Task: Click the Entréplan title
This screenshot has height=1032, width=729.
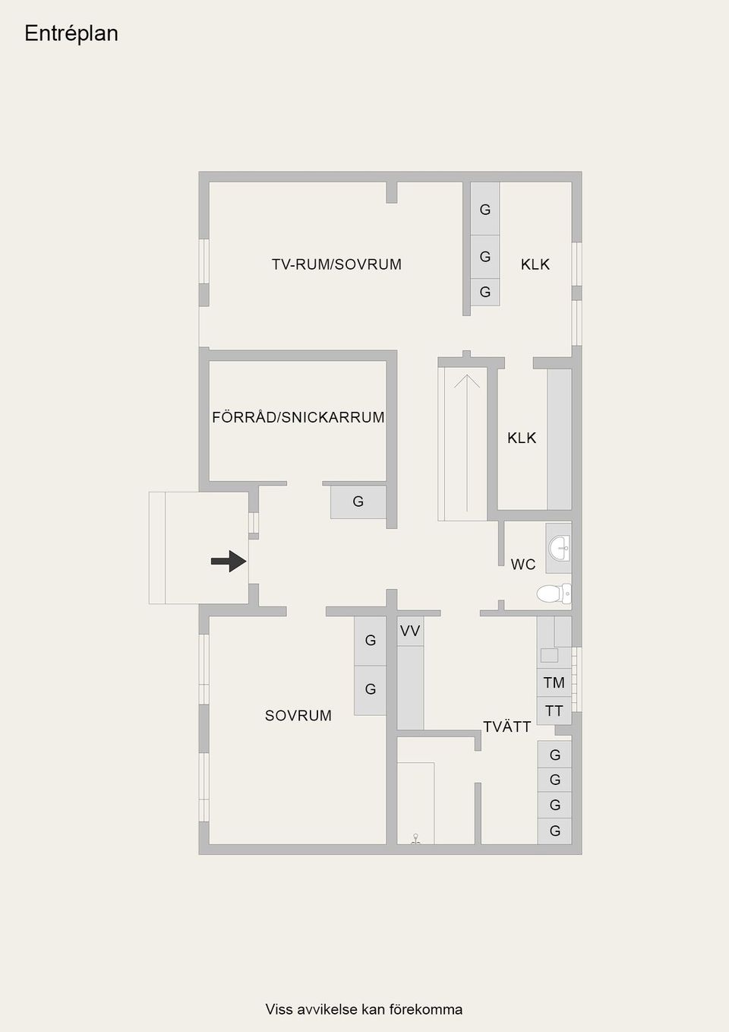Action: (x=71, y=33)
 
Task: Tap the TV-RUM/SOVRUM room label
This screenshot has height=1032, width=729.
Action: (x=336, y=264)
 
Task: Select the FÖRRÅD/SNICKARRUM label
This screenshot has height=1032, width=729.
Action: (x=298, y=417)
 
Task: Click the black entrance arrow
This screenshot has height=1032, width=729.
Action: (x=229, y=562)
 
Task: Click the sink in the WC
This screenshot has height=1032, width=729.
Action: (x=560, y=546)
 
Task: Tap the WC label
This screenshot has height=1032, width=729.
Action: (x=523, y=565)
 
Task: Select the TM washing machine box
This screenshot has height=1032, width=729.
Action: (x=554, y=682)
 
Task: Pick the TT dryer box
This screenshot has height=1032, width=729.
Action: (x=554, y=711)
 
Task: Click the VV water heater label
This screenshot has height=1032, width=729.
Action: (x=410, y=631)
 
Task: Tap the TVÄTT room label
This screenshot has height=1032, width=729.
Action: (x=507, y=727)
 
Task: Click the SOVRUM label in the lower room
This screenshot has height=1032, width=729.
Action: (x=298, y=716)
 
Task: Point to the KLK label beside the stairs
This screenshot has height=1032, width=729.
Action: (x=522, y=438)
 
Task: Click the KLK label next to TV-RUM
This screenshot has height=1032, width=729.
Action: (x=535, y=264)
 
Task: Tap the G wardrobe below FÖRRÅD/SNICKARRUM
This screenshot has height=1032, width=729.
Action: (x=358, y=502)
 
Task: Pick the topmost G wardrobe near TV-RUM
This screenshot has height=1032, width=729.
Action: (x=485, y=209)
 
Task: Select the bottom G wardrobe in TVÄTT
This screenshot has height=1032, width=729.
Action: (x=555, y=831)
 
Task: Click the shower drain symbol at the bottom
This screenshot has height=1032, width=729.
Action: (x=415, y=840)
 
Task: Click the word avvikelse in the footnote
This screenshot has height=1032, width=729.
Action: (x=327, y=1009)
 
